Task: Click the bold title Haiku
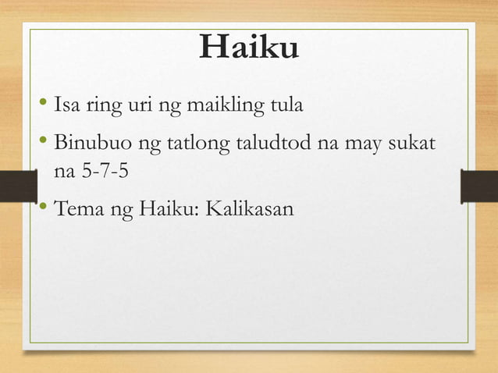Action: [248, 49]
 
